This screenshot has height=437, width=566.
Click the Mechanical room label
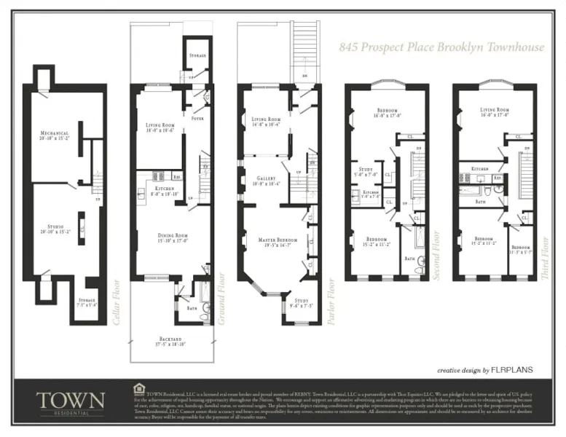click(54, 134)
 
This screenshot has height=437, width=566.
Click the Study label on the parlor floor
click(301, 300)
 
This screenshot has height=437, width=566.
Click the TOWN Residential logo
click(70, 401)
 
